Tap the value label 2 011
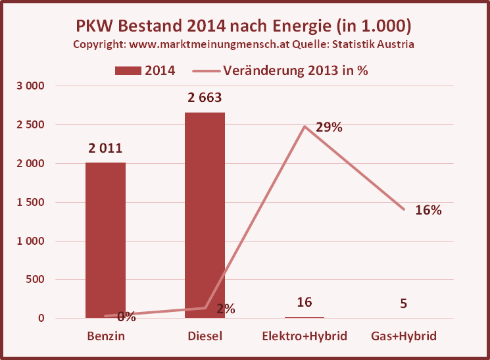pos(105,148)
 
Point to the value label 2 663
pos(204,97)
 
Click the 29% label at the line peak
pos(329,128)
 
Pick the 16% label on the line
pos(428,210)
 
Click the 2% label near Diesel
pos(225,309)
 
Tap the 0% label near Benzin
pos(126,317)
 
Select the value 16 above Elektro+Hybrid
pos(304,302)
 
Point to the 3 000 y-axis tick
pos(30,86)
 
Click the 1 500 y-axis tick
pos(30,203)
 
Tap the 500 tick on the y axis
pos(34,280)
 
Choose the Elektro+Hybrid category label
pos(304,336)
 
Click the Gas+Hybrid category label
pos(403,336)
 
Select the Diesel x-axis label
pos(205,336)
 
